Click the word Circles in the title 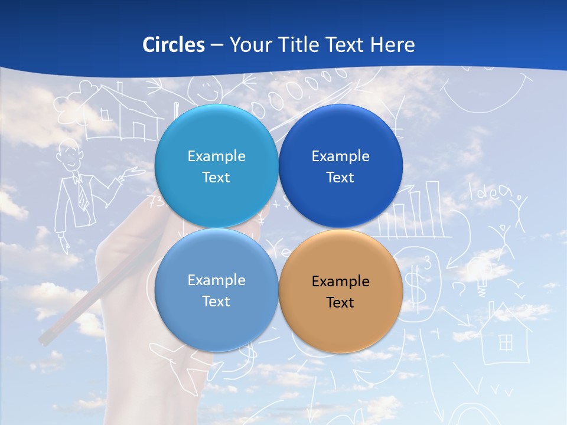coord(174,45)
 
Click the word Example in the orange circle coord(340,282)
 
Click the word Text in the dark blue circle coord(340,178)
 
